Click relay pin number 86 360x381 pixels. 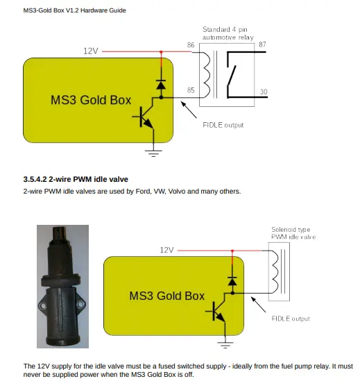[x=191, y=45]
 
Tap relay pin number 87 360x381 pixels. [x=262, y=44]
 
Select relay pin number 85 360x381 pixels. [x=191, y=90]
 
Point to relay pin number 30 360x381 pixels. [x=264, y=92]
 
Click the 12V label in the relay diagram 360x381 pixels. [x=91, y=51]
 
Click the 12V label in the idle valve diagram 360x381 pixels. [x=166, y=250]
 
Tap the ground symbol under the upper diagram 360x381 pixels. [x=153, y=153]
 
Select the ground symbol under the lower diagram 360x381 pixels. [x=225, y=345]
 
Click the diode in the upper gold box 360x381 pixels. [x=161, y=85]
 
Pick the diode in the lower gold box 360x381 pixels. [x=232, y=281]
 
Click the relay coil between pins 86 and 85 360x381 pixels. [x=207, y=74]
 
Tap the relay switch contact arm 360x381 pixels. [x=232, y=75]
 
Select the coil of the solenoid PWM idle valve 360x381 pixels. [x=275, y=271]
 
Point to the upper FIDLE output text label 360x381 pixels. [x=223, y=125]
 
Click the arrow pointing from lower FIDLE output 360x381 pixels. [x=258, y=305]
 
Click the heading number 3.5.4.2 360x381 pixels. [x=35, y=179]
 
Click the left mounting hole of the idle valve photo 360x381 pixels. [x=43, y=305]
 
